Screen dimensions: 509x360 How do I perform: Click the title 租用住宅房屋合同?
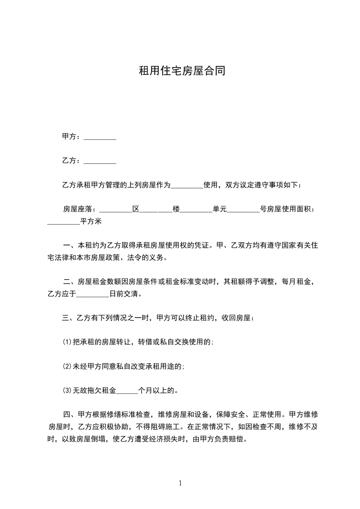tap(182, 71)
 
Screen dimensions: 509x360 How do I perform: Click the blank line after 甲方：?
tap(100, 137)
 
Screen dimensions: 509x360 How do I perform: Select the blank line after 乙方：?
tap(100, 161)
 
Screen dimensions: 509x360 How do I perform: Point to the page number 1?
tap(180, 483)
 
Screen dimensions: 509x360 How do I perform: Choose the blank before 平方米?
tap(64, 222)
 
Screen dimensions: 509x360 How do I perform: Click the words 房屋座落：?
tap(79, 209)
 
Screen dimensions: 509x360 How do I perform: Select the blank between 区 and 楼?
tap(156, 209)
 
